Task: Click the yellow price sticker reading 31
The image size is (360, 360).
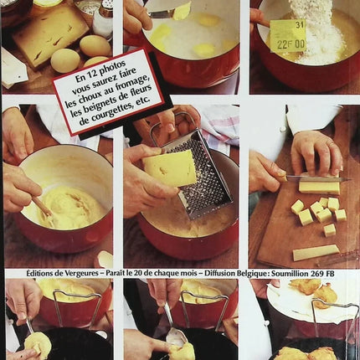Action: coord(287,36)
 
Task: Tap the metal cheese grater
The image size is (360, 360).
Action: coord(199,176)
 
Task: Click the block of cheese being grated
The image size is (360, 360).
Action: coord(169,167)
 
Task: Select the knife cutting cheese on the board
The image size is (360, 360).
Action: coord(318,177)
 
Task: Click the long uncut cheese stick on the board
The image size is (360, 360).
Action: coord(315,252)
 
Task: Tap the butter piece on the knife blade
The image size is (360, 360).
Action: coord(183,11)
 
